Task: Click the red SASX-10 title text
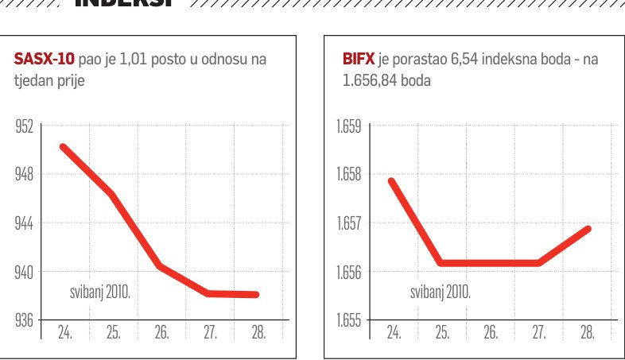pos(44,59)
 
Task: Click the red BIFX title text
pos(359,59)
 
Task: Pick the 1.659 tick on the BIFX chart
pos(348,126)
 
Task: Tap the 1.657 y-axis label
pos(348,223)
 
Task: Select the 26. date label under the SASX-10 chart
pos(162,332)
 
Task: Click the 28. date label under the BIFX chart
pos(588,332)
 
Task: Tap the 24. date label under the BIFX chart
pos(393,332)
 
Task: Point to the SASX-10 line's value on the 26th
pos(161,266)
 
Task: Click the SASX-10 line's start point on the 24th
pos(64,147)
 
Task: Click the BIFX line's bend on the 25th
pos(441,262)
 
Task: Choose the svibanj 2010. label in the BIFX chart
pos(440,292)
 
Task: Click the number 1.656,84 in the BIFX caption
pos(375,80)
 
